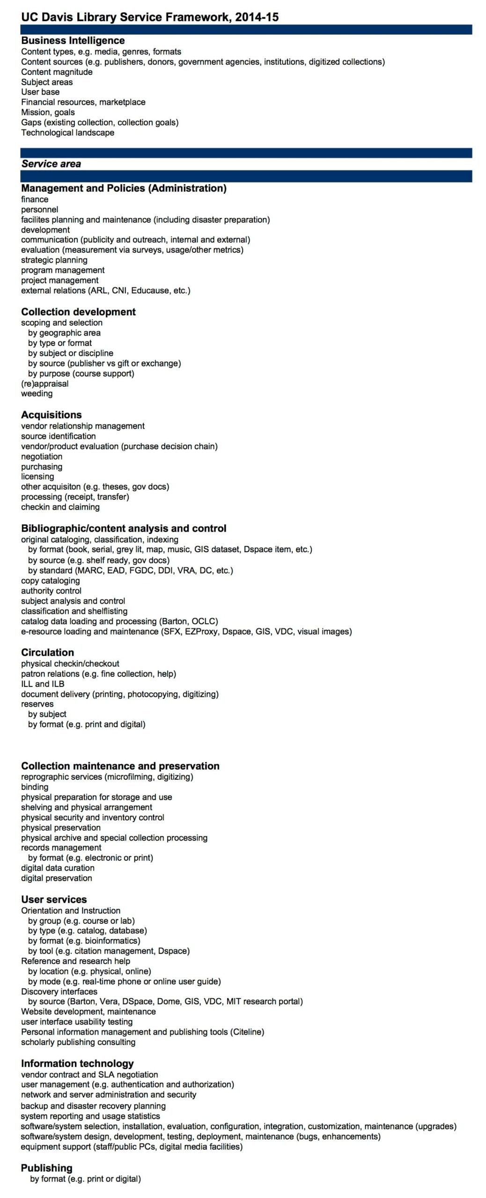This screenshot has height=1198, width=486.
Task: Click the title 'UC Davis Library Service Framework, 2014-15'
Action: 150,17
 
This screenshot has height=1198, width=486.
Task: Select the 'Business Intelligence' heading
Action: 73,40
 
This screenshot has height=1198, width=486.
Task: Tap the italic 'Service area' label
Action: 51,164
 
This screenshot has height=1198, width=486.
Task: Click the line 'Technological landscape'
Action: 67,132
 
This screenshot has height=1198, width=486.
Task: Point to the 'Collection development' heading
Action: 78,312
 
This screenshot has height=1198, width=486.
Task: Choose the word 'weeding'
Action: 37,394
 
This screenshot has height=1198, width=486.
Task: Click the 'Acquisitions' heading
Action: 51,415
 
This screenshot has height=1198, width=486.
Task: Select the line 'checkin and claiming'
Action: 60,507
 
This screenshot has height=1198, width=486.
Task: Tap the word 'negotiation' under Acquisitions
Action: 41,456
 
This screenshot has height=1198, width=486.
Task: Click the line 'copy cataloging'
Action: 50,580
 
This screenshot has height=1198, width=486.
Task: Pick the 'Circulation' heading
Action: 47,652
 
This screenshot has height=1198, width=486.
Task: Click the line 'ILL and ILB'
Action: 43,684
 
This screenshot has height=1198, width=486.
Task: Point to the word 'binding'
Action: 35,787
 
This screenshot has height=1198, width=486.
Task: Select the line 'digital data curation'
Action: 58,868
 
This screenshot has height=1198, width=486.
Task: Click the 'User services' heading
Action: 54,899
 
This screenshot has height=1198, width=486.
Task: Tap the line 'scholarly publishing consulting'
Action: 78,1042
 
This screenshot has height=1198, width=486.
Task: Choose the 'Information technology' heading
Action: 77,1063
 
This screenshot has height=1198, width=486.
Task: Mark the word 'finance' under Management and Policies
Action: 35,199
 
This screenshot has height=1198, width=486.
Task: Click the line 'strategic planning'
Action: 54,260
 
